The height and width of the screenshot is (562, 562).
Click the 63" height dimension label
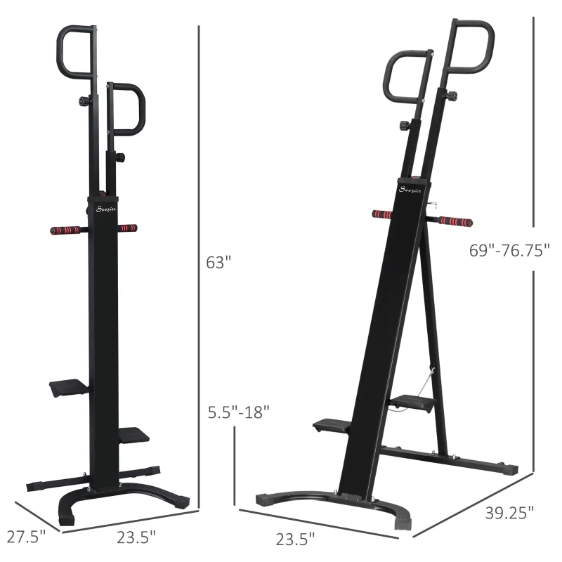click(218, 262)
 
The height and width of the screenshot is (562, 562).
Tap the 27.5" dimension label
click(27, 537)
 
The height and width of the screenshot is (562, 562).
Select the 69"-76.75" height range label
click(509, 250)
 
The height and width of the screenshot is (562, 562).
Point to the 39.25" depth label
click(509, 513)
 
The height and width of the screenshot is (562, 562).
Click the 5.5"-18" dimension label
click(239, 412)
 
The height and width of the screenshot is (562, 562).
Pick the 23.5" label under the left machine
click(136, 537)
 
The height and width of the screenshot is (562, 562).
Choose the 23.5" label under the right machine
click(295, 539)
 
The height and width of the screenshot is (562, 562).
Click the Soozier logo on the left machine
click(106, 209)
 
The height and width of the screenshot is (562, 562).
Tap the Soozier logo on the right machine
click(410, 189)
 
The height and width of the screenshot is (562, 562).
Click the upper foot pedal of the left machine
click(69, 388)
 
